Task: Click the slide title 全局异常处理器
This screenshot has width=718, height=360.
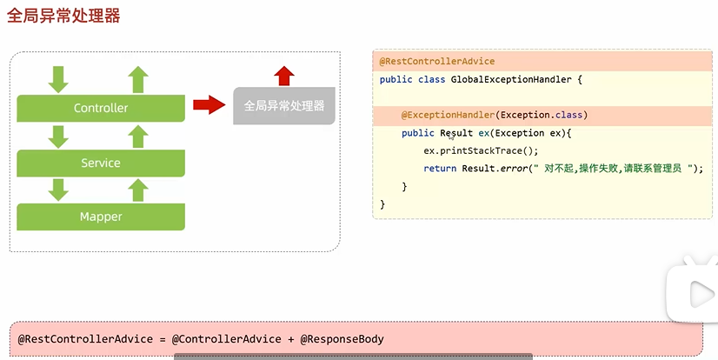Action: pos(63,16)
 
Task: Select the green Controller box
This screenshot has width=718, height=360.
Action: pos(101,108)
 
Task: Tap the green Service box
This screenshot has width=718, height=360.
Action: pos(101,163)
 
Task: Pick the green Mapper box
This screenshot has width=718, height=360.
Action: pos(101,217)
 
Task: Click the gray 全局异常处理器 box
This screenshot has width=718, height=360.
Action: pos(284,105)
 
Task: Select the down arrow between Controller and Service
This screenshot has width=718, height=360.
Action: pos(58,136)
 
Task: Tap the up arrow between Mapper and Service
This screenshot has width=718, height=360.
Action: pos(138,190)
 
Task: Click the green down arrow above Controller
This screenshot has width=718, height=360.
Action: pos(58,79)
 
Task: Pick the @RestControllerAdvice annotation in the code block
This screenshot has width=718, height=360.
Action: pos(437,62)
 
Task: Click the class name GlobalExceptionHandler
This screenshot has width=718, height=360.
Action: pos(510,80)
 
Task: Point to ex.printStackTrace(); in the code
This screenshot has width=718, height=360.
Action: pos(470,150)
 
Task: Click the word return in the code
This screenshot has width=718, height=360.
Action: pos(440,169)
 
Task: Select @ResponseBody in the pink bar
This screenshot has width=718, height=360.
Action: pos(342,339)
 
